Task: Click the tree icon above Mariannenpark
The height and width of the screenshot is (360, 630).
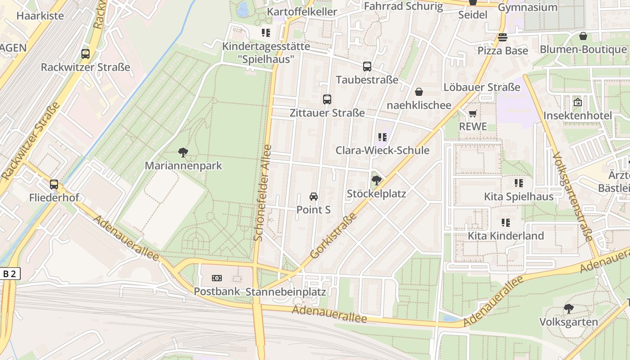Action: pos(183,153)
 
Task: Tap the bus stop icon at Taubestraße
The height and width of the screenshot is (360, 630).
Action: pos(367,67)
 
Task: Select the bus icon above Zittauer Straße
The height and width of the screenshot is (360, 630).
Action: pos(327,99)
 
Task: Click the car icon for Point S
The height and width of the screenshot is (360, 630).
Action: pos(314,197)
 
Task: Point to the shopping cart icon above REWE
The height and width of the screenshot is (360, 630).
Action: pos(472,114)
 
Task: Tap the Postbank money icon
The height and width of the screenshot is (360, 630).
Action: pos(217,278)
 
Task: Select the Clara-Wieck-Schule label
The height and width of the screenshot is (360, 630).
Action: pos(382,150)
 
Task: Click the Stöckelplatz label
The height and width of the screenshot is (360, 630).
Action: pos(376,193)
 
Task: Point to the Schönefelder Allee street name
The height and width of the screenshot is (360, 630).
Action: pos(263,193)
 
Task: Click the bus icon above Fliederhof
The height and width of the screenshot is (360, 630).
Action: pos(54,184)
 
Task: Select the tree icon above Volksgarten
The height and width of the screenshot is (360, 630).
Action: pos(569,309)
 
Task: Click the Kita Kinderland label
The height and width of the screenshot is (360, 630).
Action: pos(506,236)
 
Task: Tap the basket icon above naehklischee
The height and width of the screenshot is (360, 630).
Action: pos(419,92)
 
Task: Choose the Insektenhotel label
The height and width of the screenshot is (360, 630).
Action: pos(577,116)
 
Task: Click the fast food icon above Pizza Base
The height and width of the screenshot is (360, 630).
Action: pos(502,37)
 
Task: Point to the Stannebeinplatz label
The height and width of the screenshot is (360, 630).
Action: pos(286,292)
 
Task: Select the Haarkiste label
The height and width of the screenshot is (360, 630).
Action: pos(40,16)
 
